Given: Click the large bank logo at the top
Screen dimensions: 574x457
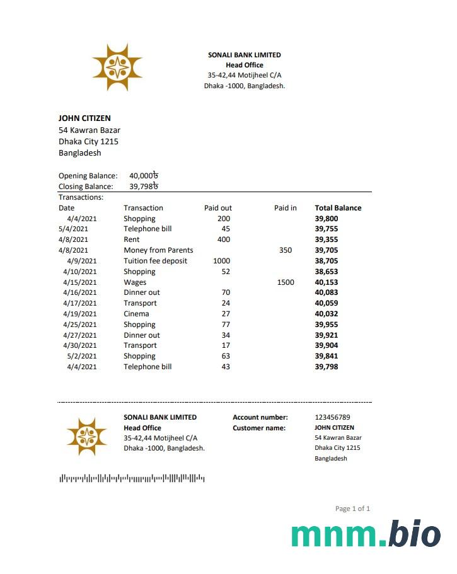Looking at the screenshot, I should point(117,67).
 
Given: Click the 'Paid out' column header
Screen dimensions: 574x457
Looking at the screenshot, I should point(217,208).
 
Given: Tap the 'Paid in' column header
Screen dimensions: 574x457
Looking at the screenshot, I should point(285,208).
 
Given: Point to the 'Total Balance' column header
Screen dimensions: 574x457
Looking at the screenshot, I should point(338,208).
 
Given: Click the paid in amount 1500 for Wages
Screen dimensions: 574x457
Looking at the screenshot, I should point(285,282).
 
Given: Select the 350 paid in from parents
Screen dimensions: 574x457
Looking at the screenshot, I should point(285,250).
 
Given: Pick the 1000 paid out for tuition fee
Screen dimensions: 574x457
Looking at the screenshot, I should point(221,261).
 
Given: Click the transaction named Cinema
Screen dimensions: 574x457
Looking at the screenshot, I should point(136,314).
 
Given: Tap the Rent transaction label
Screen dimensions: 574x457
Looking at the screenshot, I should point(131,239).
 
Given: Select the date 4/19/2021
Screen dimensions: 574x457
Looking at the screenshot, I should point(80,314).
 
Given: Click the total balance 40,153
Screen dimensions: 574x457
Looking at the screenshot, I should point(327,282).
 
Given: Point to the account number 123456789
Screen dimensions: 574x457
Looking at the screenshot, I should point(332,417).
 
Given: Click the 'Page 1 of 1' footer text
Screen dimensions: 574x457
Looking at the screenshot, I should point(352,508).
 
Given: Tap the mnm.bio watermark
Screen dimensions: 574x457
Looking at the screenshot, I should point(366,534).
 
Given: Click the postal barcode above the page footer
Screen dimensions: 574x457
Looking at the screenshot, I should point(132,479).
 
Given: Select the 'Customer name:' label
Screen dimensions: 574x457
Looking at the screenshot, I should point(259,428).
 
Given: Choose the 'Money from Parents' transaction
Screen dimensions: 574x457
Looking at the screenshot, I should point(158,250).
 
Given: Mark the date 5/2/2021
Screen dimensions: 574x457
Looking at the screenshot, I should point(82,356).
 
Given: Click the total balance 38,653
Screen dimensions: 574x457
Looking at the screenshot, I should point(327,272).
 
